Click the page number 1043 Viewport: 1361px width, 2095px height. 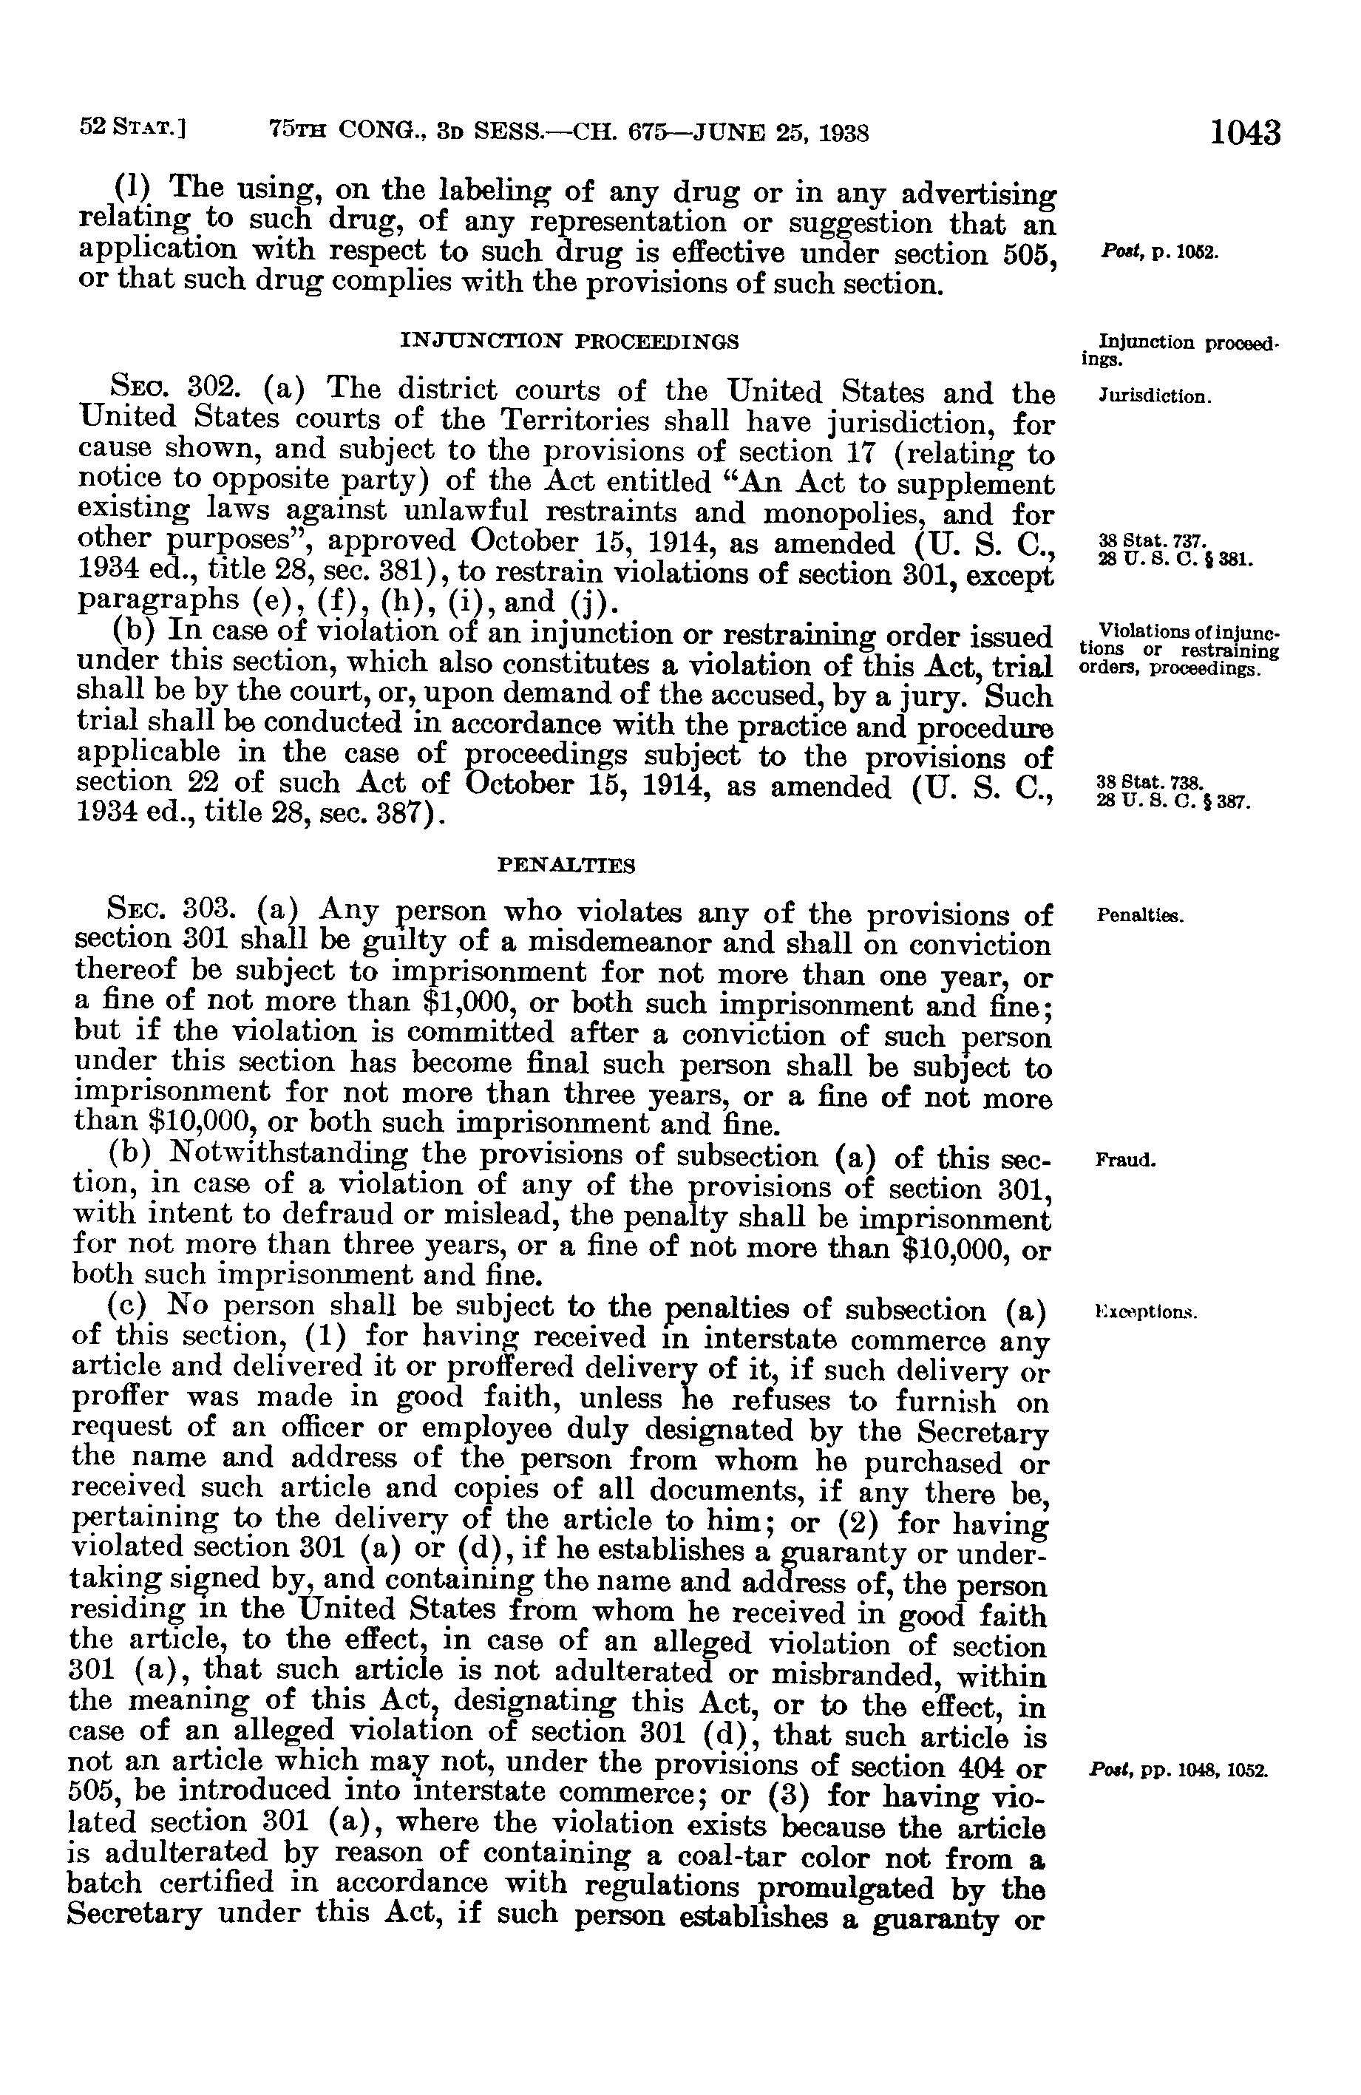tap(1245, 134)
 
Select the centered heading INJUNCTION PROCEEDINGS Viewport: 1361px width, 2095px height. tap(569, 341)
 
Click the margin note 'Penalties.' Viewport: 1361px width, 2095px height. tap(1141, 915)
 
